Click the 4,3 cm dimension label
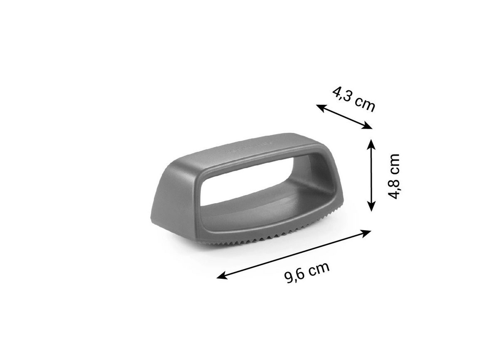click(x=354, y=99)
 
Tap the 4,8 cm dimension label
click(x=394, y=176)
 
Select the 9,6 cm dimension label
click(x=307, y=273)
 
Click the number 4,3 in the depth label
click(x=341, y=94)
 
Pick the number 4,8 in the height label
click(x=394, y=188)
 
